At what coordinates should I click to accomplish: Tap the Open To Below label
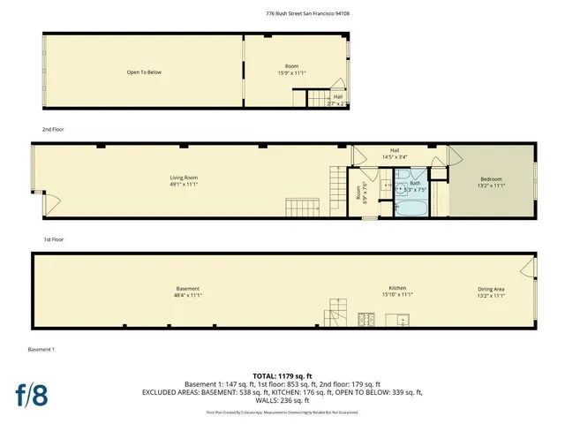(x=144, y=72)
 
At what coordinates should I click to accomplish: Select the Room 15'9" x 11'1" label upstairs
(x=291, y=70)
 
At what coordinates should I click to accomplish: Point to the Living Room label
(x=184, y=181)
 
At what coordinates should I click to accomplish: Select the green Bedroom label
(x=492, y=181)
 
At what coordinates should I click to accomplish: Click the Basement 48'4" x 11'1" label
(x=187, y=291)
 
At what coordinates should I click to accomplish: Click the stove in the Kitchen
(x=365, y=319)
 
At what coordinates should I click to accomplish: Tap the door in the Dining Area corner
(x=528, y=268)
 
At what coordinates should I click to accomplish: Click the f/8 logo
(x=31, y=393)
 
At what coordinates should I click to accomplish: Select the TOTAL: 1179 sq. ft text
(x=282, y=376)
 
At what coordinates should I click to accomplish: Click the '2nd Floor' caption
(x=53, y=129)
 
